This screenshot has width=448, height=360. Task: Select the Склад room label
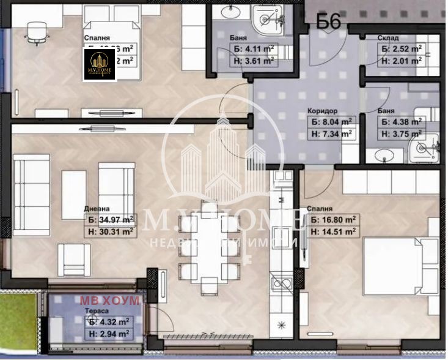click(x=389, y=38)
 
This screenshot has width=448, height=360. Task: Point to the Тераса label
click(x=95, y=311)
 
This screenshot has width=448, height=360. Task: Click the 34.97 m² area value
click(x=111, y=219)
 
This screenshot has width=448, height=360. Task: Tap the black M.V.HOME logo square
click(x=99, y=64)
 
